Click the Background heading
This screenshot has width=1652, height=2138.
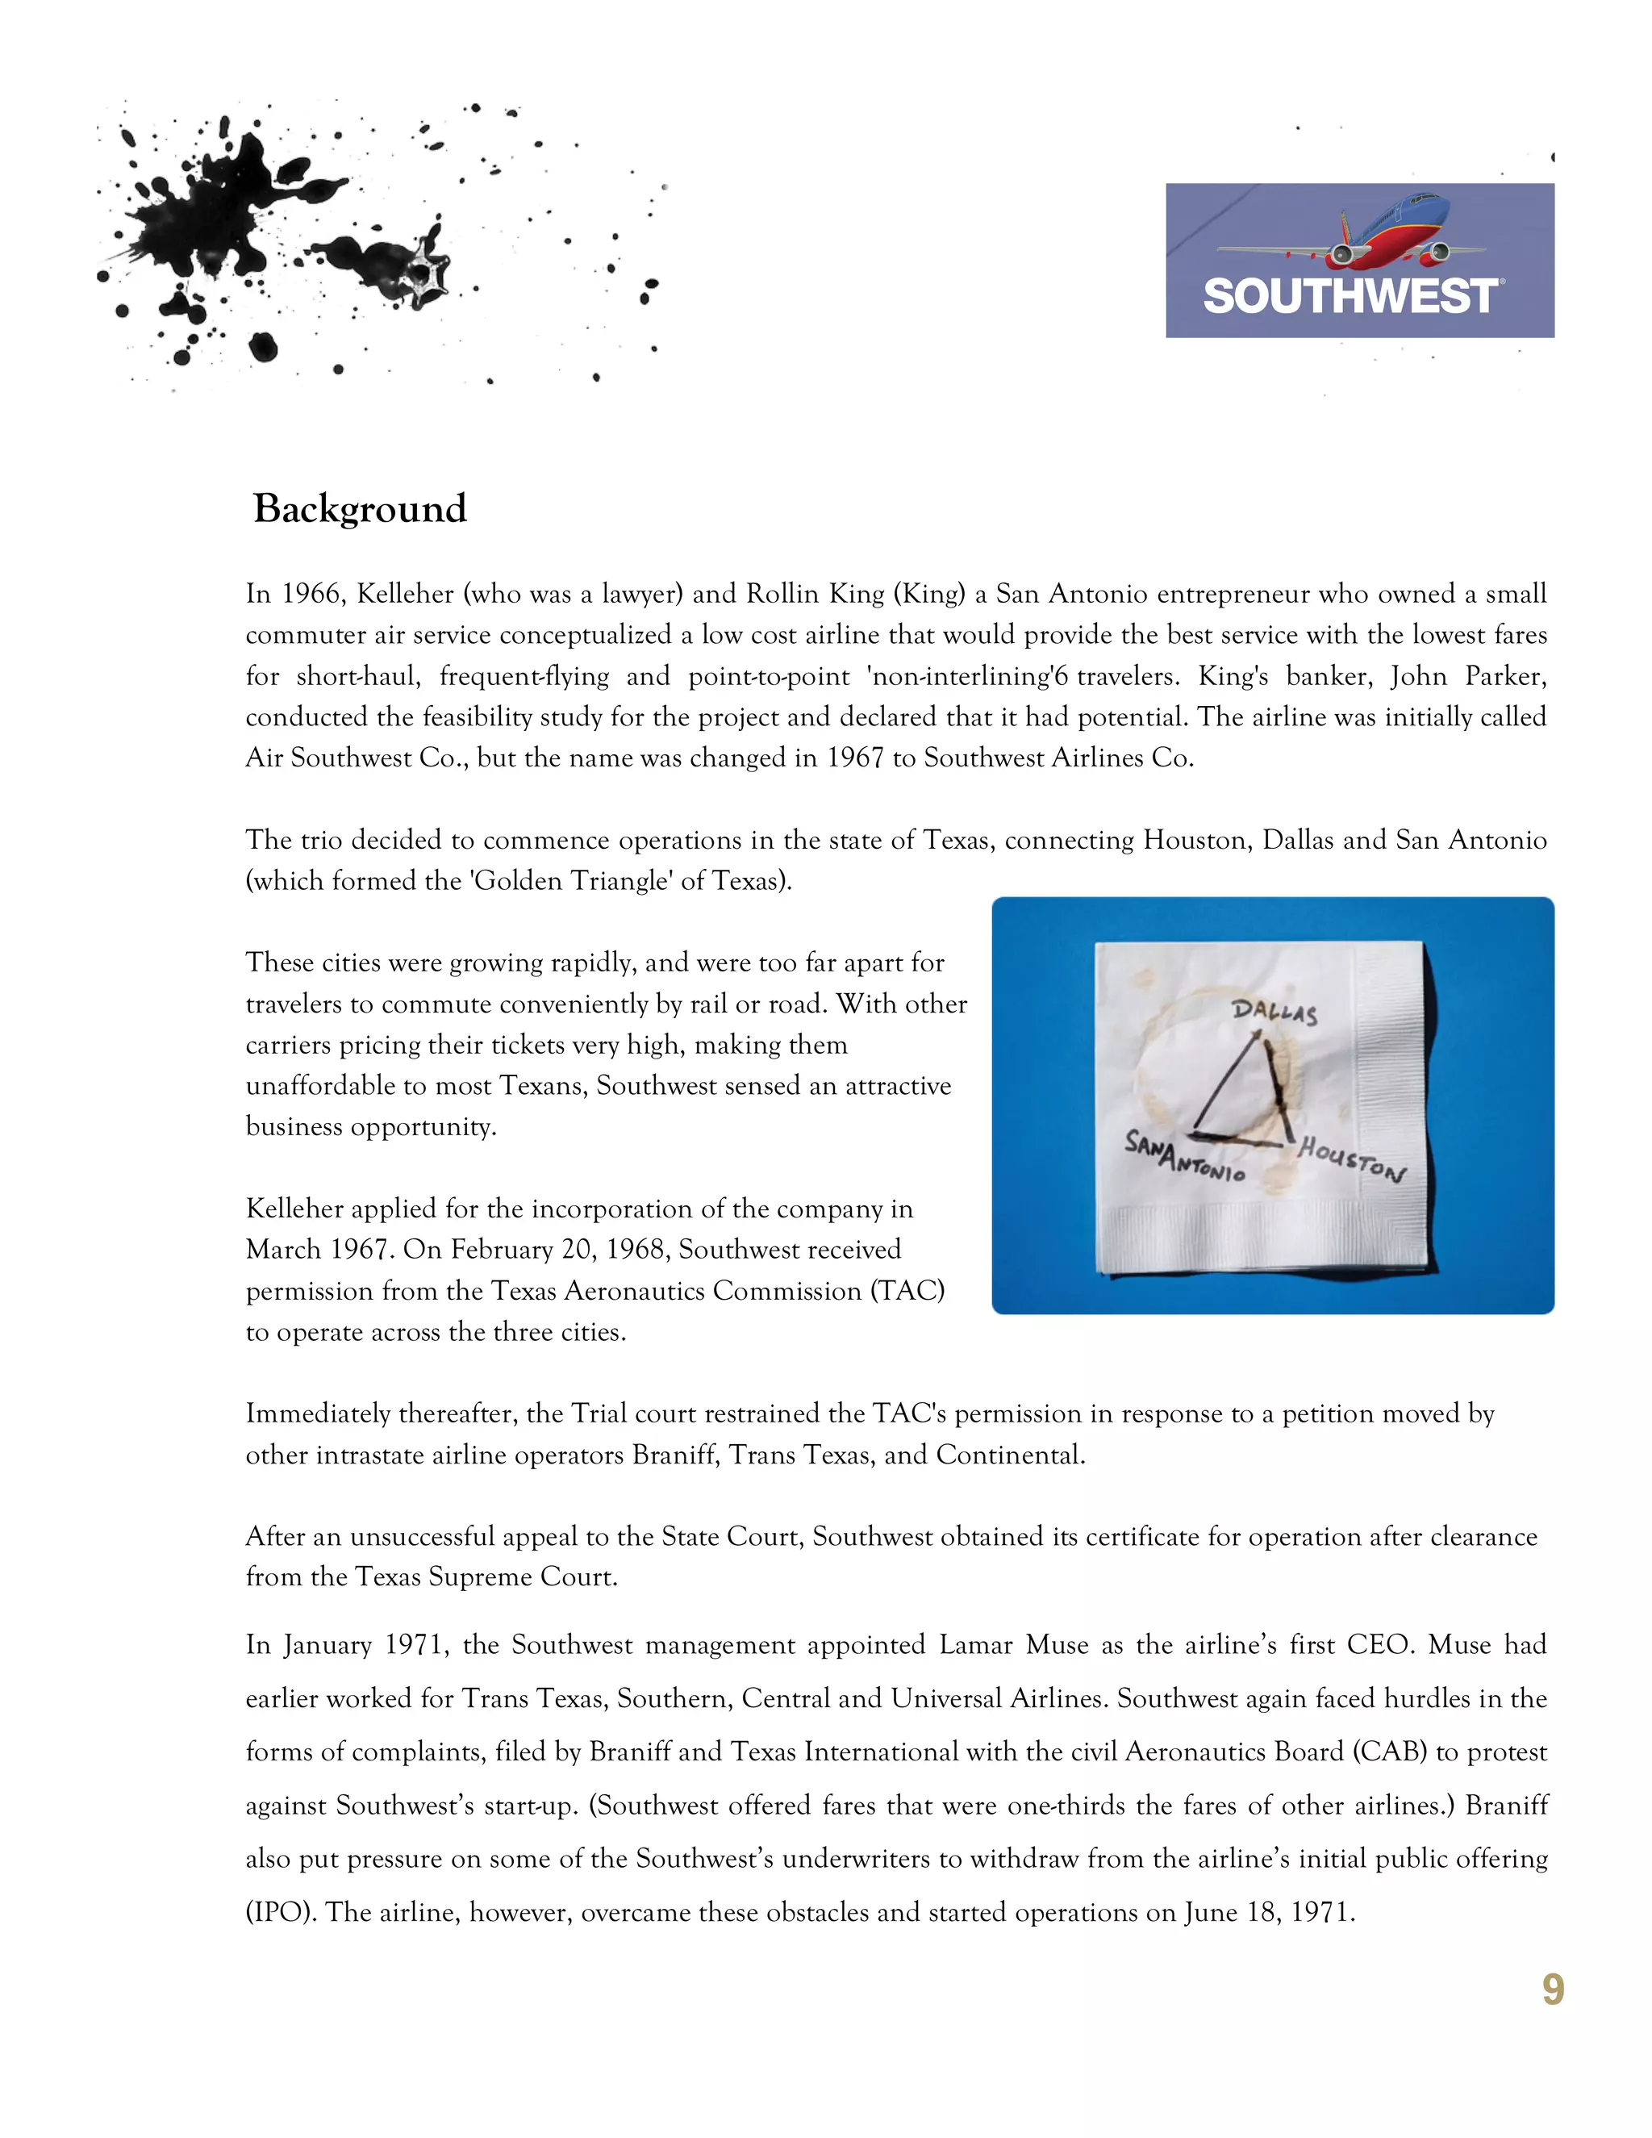[359, 509]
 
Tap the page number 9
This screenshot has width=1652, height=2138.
[1552, 1990]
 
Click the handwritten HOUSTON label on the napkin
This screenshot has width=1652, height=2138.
[1350, 1159]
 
